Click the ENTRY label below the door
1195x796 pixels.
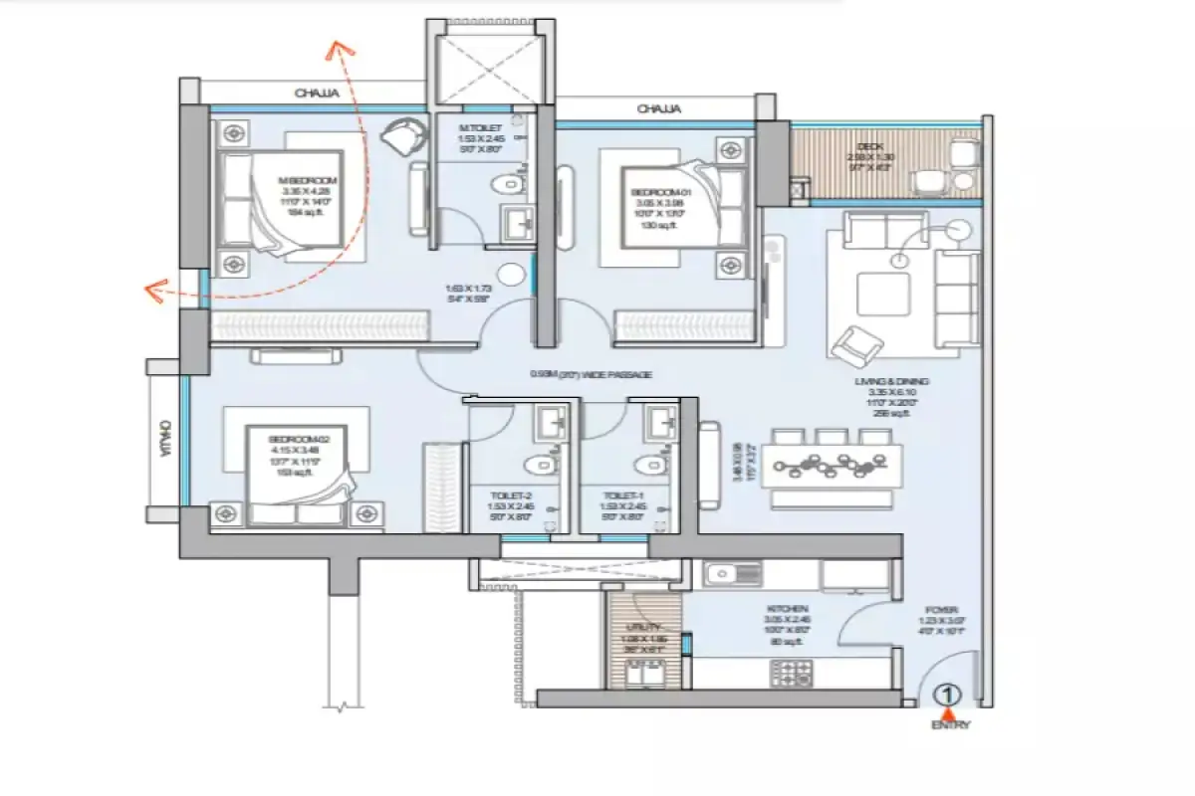pyautogui.click(x=949, y=725)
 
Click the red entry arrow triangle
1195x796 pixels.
pyautogui.click(x=949, y=711)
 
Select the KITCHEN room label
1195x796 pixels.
pyautogui.click(x=787, y=608)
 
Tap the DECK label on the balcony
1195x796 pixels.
pyautogui.click(x=857, y=145)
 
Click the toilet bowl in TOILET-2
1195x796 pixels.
pyautogui.click(x=538, y=463)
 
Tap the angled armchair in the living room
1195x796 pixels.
pyautogui.click(x=855, y=345)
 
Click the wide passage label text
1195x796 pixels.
pyautogui.click(x=591, y=374)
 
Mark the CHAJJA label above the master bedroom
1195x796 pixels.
pyautogui.click(x=317, y=93)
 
